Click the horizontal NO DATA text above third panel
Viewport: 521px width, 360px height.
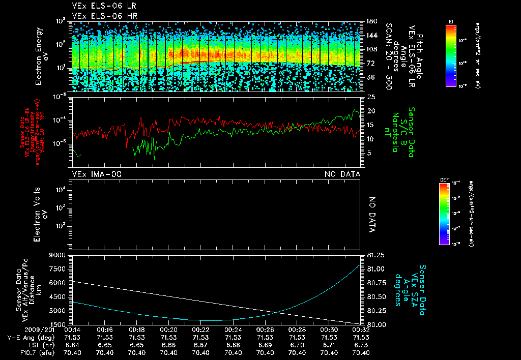coord(342,174)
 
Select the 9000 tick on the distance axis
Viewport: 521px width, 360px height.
coord(59,255)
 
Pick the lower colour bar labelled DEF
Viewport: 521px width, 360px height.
coord(443,214)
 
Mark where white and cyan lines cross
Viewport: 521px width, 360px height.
coord(275,312)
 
